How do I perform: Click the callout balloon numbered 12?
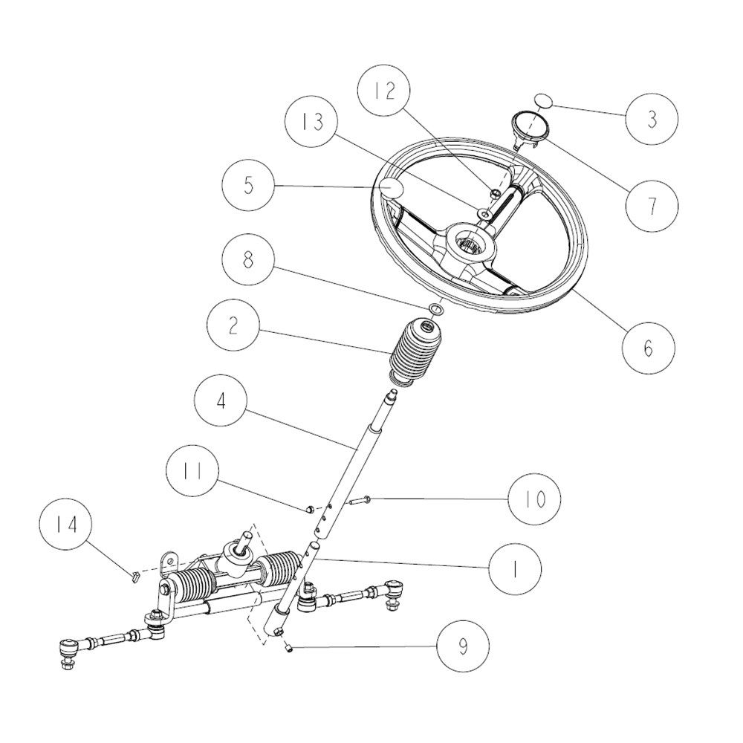pos(384,90)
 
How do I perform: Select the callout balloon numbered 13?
pos(311,122)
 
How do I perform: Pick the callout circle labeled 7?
pos(652,207)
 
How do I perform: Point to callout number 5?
pos(248,185)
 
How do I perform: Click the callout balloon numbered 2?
pos(233,325)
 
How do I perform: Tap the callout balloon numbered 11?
pos(192,471)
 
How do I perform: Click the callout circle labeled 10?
pos(534,499)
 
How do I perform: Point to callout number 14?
pos(65,525)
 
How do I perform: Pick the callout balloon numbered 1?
pos(515,568)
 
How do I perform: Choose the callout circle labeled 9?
pos(462,646)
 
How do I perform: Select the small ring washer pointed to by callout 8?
pos(436,309)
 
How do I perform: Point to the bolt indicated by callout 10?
pos(360,500)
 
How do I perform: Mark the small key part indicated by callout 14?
pos(135,577)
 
